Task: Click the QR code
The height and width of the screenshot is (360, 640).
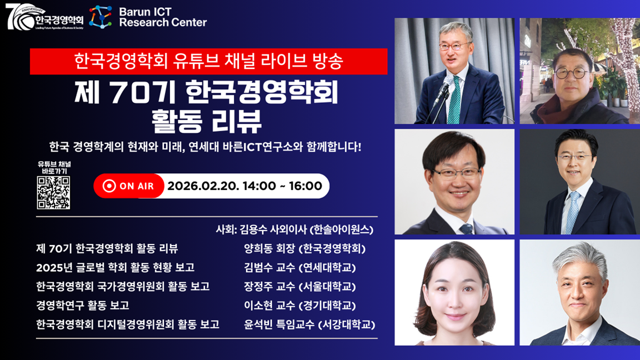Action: tap(53, 193)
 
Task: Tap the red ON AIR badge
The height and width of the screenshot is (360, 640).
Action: tap(129, 186)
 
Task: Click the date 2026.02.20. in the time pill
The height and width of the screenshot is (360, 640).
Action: tap(203, 186)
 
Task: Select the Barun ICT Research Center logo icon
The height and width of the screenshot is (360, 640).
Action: tap(100, 17)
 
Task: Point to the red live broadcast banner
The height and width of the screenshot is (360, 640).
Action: tap(208, 61)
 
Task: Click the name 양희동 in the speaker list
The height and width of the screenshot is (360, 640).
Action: tap(257, 248)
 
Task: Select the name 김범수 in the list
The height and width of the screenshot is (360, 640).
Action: tap(257, 268)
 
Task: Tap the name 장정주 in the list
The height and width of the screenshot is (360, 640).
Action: tap(257, 287)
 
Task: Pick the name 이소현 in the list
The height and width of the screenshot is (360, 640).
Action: tap(257, 306)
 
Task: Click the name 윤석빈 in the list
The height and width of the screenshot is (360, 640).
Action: tap(257, 324)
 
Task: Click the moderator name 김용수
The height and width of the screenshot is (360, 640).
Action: tap(253, 229)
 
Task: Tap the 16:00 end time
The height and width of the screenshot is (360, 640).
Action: tap(306, 186)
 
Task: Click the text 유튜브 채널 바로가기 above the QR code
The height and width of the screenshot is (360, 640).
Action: tap(54, 168)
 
